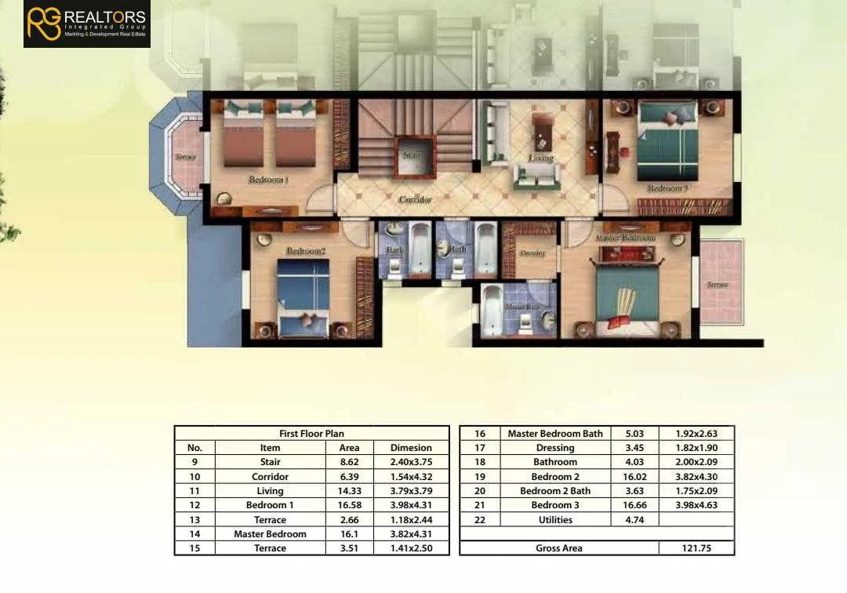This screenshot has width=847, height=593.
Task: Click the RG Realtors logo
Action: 86,24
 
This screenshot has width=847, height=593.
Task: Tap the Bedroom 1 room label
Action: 268,180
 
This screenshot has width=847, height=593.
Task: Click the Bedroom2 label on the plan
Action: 305,251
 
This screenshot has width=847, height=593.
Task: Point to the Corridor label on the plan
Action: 415,200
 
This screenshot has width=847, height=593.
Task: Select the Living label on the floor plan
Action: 540,158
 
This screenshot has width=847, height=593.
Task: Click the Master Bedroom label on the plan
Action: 625,238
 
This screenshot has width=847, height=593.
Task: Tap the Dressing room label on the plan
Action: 532,253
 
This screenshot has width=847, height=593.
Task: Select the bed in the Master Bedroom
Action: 626,293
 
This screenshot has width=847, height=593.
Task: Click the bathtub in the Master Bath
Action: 492,309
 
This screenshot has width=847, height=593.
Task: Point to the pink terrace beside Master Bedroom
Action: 721,282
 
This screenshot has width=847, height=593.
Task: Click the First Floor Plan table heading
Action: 311,433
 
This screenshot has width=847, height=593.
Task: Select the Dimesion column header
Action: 411,448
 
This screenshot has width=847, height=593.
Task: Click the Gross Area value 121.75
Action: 696,548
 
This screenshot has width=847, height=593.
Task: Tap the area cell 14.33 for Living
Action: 349,491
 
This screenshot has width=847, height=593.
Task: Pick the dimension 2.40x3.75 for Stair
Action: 411,462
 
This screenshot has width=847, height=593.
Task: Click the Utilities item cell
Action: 555,519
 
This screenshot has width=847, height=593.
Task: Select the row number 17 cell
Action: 480,448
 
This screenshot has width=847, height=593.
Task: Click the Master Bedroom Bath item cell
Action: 555,434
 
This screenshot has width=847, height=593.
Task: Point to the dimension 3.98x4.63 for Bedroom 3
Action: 696,505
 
